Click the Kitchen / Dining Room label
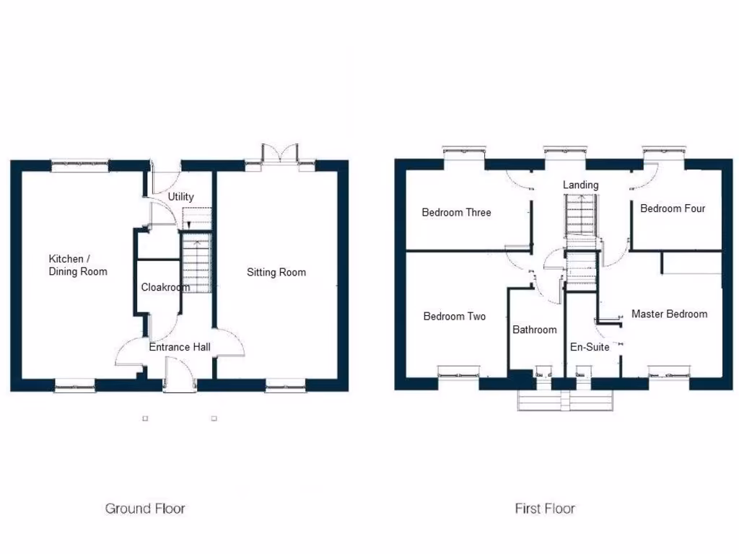coord(78,265)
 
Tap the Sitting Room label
coord(276,272)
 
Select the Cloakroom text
coord(165,287)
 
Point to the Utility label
coord(180,197)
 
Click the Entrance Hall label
coord(180,347)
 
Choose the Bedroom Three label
coord(456,212)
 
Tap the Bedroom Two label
coord(454,316)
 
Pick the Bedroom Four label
coord(673,208)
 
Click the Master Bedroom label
coord(669,314)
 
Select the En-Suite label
coord(590,347)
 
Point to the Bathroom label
coord(534,330)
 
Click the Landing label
coord(580,185)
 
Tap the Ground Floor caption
coord(145,509)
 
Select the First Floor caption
coord(545,509)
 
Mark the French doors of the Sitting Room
coord(281,155)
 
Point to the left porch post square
coord(145,418)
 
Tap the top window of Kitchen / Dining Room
coord(79,164)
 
